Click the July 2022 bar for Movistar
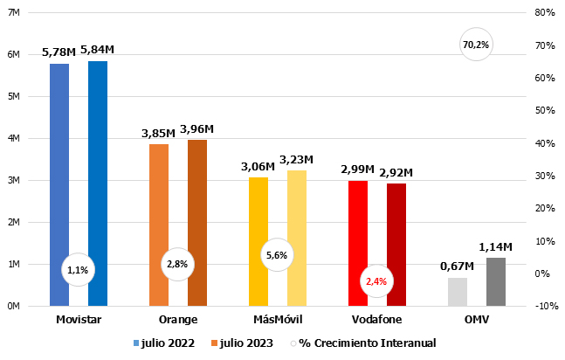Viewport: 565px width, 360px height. coord(59,175)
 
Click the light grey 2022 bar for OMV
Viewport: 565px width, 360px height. coord(458,292)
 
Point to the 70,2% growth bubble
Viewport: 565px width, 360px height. coord(476,45)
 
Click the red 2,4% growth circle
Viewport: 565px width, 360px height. coord(376,281)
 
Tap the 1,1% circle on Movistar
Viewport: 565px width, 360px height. coord(77,270)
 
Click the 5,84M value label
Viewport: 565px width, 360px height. coord(98,50)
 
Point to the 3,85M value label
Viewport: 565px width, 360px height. coord(158,133)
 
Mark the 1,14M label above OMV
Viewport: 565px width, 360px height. coord(496,247)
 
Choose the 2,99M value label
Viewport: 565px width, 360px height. coord(357,169)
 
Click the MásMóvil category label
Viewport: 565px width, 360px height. coord(278,320)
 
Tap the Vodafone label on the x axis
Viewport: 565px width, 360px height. coord(376,320)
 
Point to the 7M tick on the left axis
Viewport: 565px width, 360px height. coord(14,13)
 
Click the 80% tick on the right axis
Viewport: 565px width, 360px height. coord(545,12)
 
